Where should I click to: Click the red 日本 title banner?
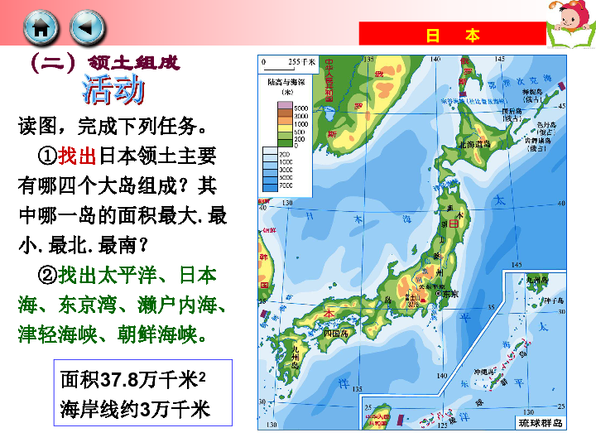point(452,36)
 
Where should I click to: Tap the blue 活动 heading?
point(113,91)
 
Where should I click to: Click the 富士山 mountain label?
point(409,299)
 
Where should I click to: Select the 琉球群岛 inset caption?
point(540,423)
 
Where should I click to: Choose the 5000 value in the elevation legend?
point(300,108)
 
